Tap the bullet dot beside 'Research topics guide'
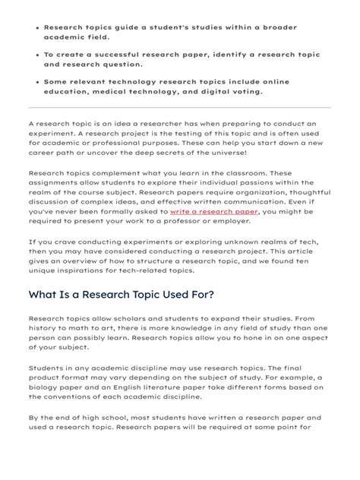point(36,27)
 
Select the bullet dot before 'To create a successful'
point(36,55)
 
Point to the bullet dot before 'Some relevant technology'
point(36,83)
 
